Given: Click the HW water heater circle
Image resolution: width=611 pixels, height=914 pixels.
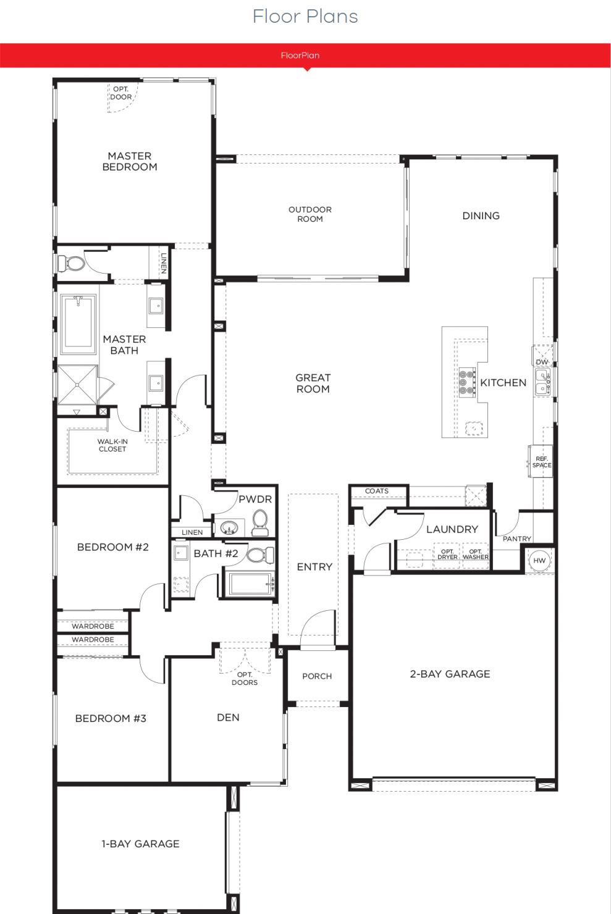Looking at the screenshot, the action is pyautogui.click(x=539, y=560).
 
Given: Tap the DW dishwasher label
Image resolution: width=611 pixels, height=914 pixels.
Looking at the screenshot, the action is pyautogui.click(x=542, y=362).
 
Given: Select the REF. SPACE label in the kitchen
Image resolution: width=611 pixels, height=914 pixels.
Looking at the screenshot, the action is pyautogui.click(x=542, y=462).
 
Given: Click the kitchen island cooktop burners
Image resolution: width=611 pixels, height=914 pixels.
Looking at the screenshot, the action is pyautogui.click(x=466, y=382).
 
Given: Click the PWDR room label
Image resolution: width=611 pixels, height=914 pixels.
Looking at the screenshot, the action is pyautogui.click(x=255, y=499).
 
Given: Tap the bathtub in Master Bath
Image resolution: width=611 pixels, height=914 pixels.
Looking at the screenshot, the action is pyautogui.click(x=78, y=324).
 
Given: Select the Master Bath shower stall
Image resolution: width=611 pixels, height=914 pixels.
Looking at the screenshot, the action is pyautogui.click(x=77, y=385).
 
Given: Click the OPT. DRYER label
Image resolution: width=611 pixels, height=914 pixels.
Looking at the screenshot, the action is pyautogui.click(x=447, y=554).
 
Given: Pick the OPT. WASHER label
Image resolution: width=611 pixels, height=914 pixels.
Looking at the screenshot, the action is pyautogui.click(x=476, y=554).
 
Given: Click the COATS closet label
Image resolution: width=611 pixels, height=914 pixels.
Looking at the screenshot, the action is pyautogui.click(x=376, y=491).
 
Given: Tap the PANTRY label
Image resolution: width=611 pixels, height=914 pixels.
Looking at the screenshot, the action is pyautogui.click(x=516, y=539).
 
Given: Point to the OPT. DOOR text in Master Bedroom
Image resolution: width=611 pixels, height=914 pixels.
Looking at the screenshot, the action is pyautogui.click(x=121, y=93).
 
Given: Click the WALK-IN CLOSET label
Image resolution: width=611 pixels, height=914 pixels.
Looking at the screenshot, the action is pyautogui.click(x=112, y=445).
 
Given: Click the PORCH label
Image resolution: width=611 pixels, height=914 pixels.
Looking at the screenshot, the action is pyautogui.click(x=317, y=676).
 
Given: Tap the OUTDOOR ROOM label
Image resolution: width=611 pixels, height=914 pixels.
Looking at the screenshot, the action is pyautogui.click(x=310, y=214).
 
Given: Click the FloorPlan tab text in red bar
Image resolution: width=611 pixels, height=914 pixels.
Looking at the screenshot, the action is pyautogui.click(x=300, y=56).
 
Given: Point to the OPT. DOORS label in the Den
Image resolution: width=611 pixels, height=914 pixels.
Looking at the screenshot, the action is pyautogui.click(x=245, y=679).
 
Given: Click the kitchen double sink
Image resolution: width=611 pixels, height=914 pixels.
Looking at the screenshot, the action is pyautogui.click(x=543, y=382).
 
